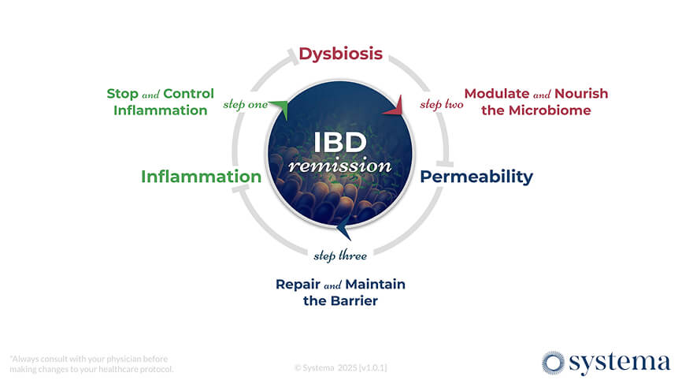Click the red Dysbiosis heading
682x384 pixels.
point(340,54)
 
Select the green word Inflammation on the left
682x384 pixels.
point(200,177)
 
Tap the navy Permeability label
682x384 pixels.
point(476,177)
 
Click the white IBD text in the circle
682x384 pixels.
point(340,143)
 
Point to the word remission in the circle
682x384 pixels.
point(340,166)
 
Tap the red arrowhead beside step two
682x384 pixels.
point(395,106)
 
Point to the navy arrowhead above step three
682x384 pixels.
point(343,229)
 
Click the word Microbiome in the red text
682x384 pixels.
point(547,110)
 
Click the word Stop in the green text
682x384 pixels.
point(122,93)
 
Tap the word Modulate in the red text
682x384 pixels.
point(496,93)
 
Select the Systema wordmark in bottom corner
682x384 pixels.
point(619,363)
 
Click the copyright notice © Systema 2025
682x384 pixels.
point(340,367)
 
